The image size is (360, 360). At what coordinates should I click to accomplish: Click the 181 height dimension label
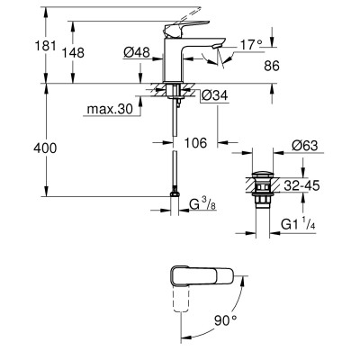click(x=46, y=47)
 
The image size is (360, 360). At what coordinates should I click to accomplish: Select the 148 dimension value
click(x=73, y=53)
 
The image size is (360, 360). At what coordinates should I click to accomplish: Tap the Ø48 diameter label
click(x=137, y=53)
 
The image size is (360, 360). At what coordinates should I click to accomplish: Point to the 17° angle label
click(x=251, y=45)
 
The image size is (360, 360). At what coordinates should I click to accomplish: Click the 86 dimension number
click(x=272, y=66)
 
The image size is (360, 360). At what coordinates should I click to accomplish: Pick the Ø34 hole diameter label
click(x=215, y=95)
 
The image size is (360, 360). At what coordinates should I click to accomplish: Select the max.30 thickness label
click(x=110, y=110)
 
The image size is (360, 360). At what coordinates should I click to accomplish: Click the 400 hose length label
click(x=45, y=148)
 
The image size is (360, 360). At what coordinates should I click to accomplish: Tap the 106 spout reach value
click(x=195, y=143)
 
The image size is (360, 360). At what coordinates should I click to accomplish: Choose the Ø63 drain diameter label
click(x=304, y=146)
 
